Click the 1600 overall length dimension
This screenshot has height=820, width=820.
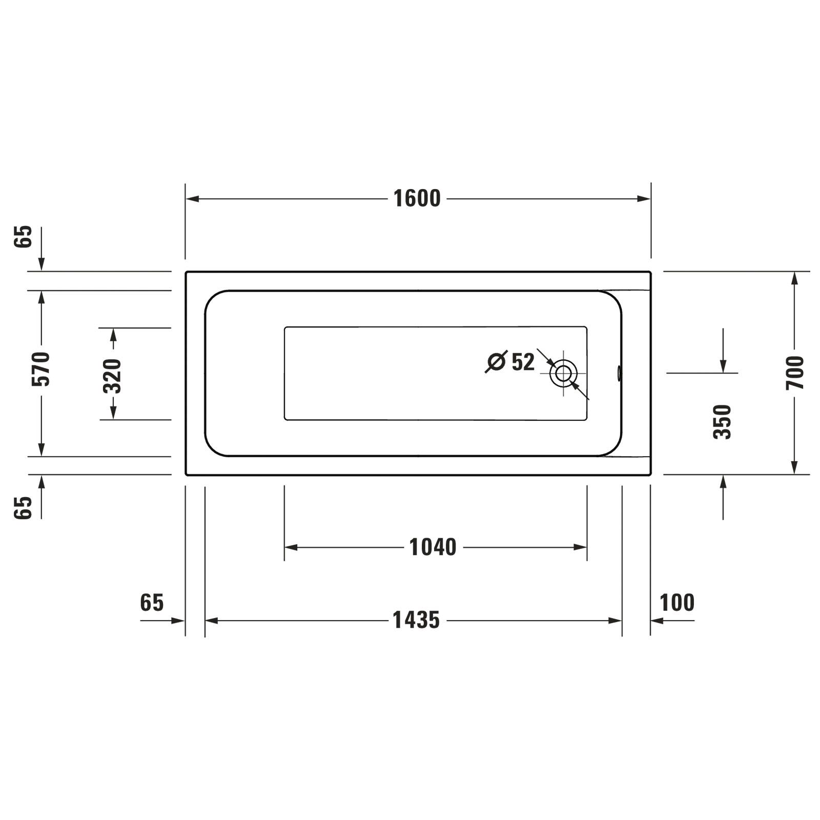417,199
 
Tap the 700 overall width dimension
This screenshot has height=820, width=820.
795,373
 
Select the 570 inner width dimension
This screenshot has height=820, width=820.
41,369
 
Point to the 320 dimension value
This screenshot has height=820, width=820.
113,376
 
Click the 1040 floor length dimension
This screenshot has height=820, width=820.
433,547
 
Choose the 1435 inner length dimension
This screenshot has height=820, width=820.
416,620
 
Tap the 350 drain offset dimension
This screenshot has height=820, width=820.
723,422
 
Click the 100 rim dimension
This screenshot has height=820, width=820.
676,603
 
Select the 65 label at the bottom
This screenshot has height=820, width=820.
152,603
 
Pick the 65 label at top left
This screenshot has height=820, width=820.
23,237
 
